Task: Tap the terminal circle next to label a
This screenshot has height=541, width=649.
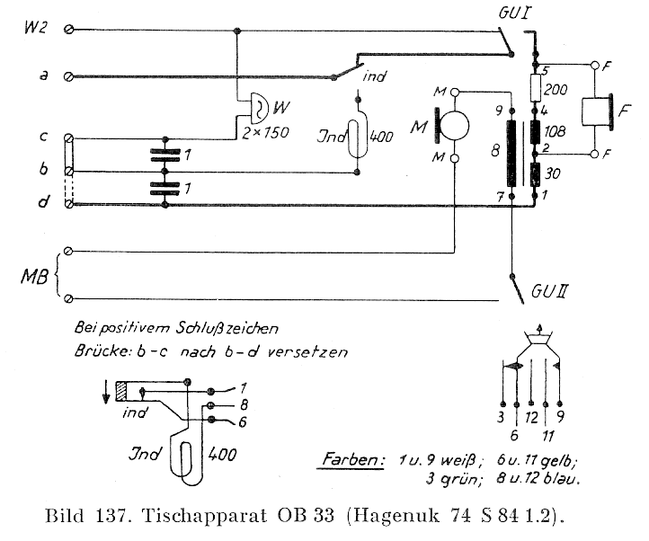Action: pos(71,77)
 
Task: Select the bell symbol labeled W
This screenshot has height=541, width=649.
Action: pos(258,110)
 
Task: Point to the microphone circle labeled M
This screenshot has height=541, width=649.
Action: pos(455,125)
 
